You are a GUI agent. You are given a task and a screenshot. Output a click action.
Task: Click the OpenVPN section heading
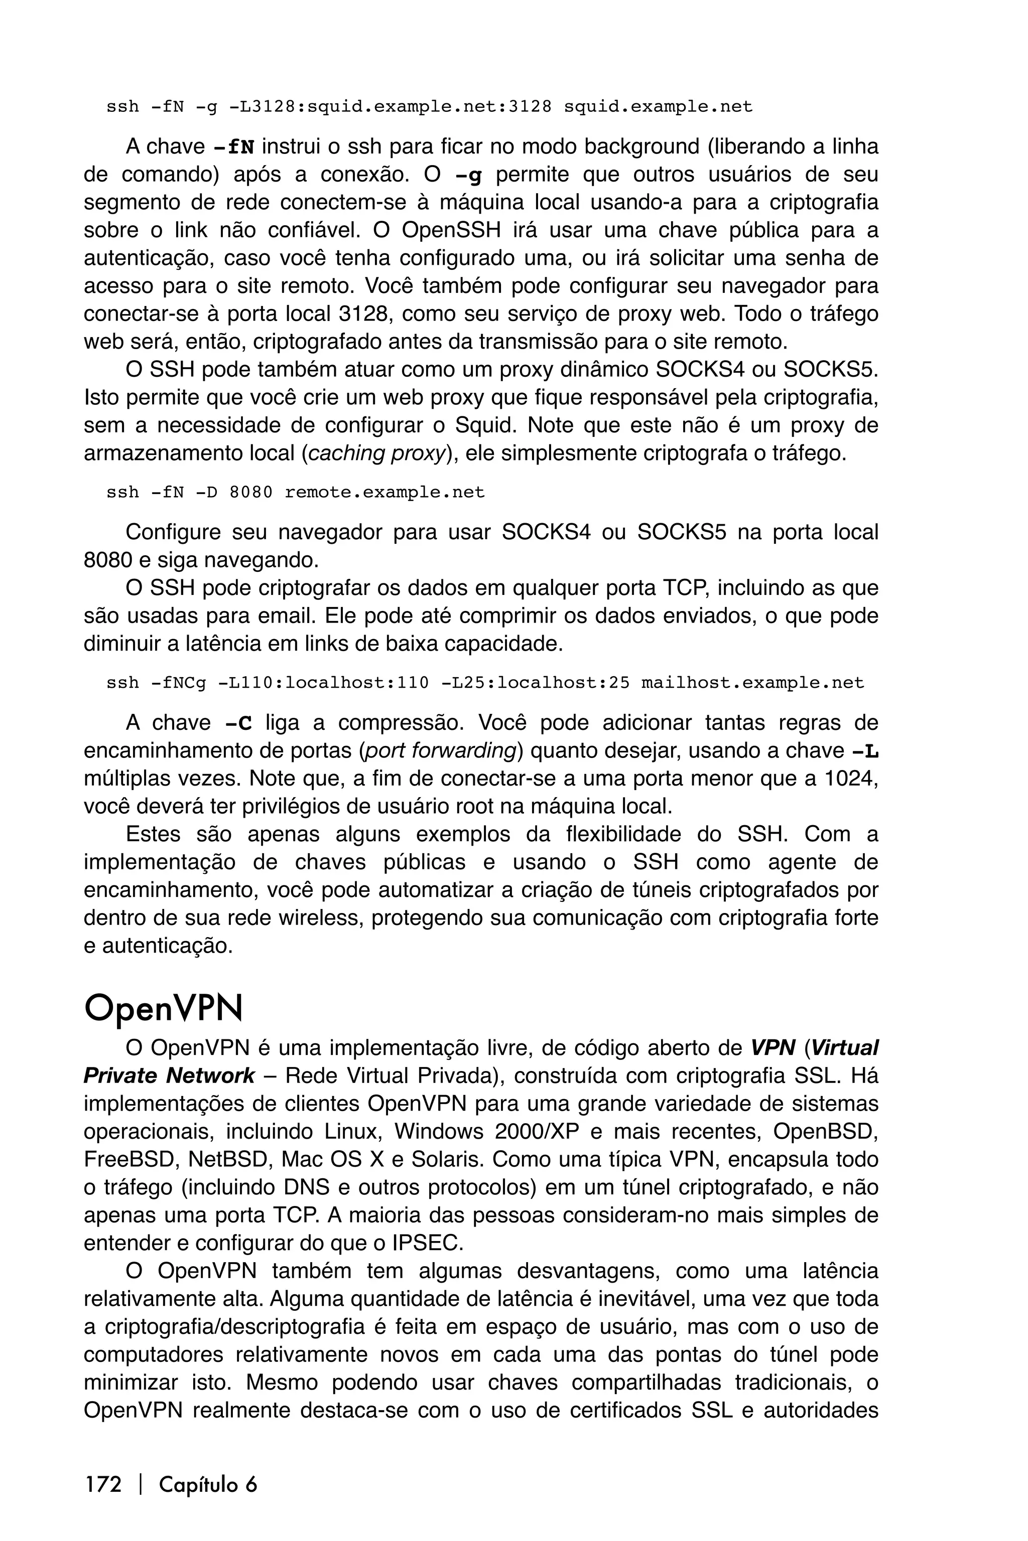point(163,1009)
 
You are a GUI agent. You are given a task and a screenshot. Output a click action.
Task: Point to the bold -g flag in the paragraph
point(472,176)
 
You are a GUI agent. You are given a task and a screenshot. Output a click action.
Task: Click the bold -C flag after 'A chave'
point(237,723)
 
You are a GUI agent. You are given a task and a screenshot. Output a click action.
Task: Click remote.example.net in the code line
point(385,492)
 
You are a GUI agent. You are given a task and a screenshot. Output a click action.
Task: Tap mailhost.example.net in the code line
point(752,683)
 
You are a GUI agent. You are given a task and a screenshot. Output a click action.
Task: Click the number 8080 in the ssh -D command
point(251,492)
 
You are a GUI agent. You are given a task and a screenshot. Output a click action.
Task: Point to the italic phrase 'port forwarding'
point(441,751)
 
